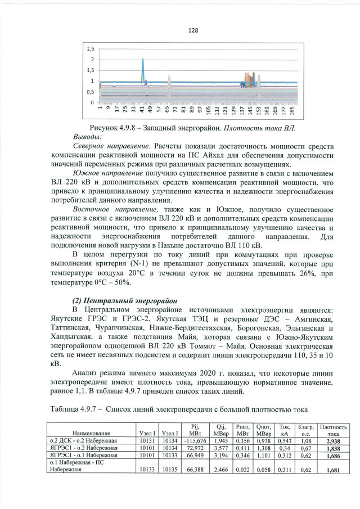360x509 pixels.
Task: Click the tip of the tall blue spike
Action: [143, 58]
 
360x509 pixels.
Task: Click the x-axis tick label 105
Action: [208, 113]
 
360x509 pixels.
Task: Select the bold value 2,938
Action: [334, 441]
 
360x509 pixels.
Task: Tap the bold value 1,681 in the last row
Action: [334, 472]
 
